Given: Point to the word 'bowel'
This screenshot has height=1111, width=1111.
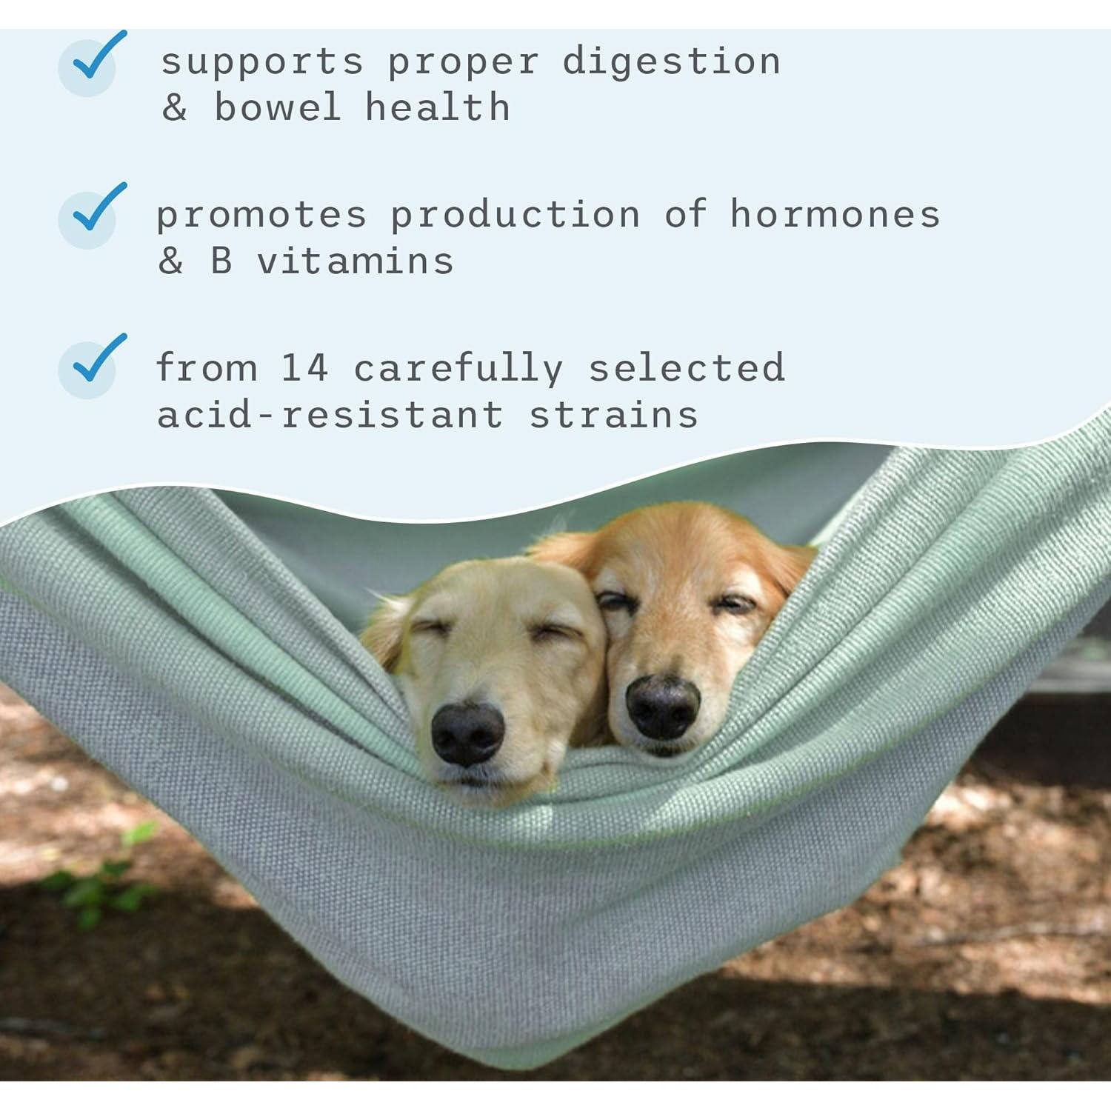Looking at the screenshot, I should point(277,108).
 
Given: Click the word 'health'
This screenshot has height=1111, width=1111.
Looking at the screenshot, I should point(438,108).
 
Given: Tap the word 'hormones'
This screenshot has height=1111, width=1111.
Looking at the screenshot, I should point(835,215).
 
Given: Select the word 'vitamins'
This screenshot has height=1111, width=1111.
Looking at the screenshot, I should point(356,261).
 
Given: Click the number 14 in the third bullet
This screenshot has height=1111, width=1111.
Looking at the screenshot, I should point(304,368).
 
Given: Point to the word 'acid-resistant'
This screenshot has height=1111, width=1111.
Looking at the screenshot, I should point(330,415).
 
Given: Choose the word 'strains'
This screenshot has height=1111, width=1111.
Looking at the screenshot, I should point(613,415).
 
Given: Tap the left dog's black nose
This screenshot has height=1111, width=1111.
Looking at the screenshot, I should point(467,733).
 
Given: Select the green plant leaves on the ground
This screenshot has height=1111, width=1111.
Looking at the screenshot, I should point(96,881).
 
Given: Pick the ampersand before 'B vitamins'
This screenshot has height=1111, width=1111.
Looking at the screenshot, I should point(170,261).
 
